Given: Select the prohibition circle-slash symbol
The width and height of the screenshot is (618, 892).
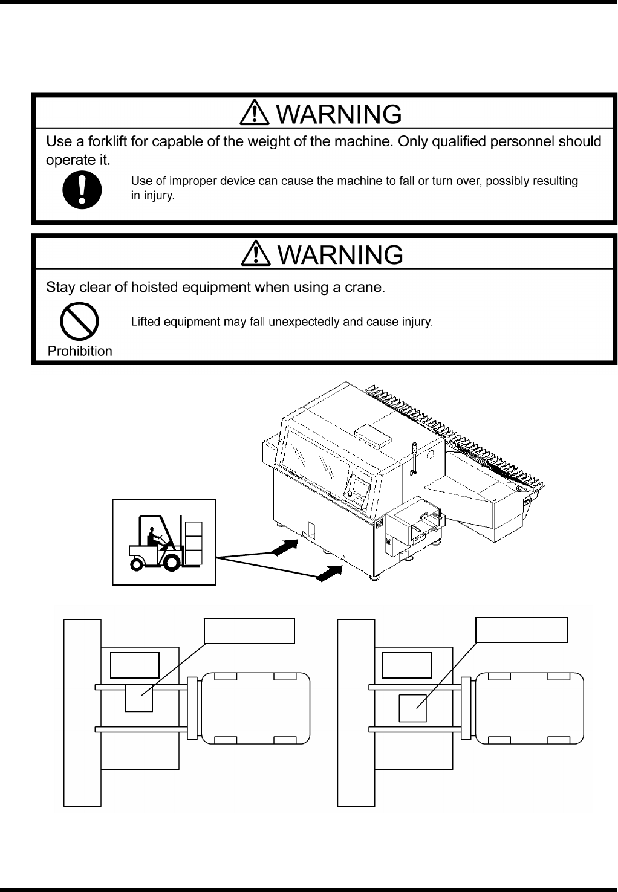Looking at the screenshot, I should [x=80, y=323].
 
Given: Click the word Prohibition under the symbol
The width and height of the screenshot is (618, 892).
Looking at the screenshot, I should [x=80, y=351].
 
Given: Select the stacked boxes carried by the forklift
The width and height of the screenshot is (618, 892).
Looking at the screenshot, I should [x=193, y=543].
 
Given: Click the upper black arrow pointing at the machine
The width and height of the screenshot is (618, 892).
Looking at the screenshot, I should [x=285, y=546].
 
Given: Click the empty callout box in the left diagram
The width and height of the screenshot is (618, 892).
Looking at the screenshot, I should [x=249, y=631].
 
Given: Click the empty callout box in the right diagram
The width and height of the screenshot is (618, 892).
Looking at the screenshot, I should [x=522, y=630].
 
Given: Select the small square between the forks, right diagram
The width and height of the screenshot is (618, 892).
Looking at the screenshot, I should [x=413, y=708].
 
